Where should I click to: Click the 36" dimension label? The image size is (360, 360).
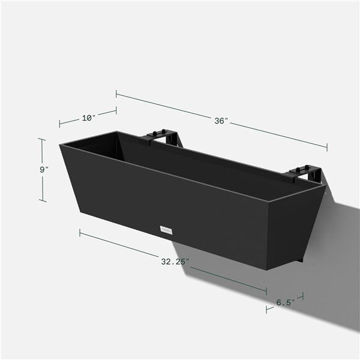(x=221, y=121)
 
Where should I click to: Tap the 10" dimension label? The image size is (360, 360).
(x=88, y=118)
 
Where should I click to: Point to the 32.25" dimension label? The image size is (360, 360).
(x=175, y=262)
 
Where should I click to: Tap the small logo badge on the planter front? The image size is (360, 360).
(x=166, y=229)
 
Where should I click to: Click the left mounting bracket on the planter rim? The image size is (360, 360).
(x=161, y=137)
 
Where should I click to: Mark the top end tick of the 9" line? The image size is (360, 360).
(x=42, y=139)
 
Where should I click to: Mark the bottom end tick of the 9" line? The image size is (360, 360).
(x=42, y=201)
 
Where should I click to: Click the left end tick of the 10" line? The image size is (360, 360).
(x=60, y=124)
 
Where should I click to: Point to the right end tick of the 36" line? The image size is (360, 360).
(x=327, y=146)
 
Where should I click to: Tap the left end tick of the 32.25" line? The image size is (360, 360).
(x=80, y=232)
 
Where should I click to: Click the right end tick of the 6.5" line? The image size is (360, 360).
(x=302, y=296)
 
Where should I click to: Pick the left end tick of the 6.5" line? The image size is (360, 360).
(x=267, y=310)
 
